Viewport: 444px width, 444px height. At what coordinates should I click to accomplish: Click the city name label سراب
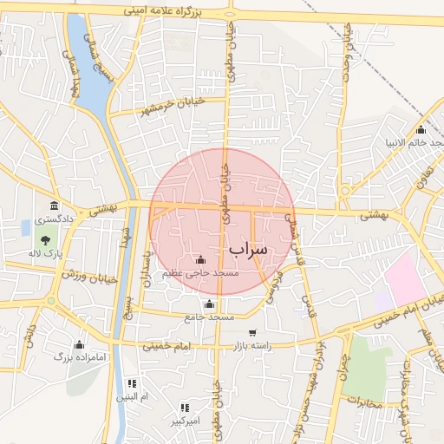(x=251, y=249)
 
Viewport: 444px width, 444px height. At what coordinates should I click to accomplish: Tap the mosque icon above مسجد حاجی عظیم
(x=201, y=259)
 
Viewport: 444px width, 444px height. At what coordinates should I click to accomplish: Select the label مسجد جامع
(x=209, y=318)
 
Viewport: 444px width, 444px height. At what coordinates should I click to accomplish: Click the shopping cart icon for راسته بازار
(x=252, y=332)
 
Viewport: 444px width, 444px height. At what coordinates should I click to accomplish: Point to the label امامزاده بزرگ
(x=79, y=356)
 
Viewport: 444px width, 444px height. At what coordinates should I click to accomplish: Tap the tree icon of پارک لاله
(x=44, y=239)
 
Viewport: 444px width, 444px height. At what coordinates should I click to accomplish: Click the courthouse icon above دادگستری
(x=55, y=206)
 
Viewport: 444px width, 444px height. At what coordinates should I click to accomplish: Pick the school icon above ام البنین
(x=132, y=382)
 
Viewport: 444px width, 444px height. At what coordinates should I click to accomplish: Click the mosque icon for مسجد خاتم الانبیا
(x=421, y=130)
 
